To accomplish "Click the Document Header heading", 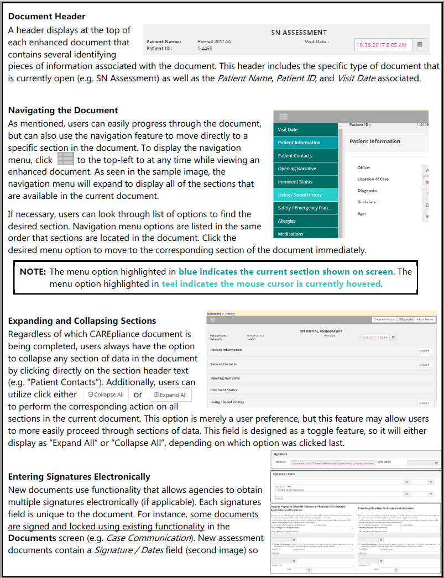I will tap(47, 17).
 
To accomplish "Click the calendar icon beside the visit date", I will tap(420, 45).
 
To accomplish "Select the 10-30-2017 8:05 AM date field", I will tap(382, 45).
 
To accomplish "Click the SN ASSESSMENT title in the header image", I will tap(299, 32).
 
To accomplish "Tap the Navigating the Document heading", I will tap(63, 110).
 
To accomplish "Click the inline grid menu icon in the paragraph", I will tap(65, 160).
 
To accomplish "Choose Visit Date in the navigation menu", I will tap(288, 129).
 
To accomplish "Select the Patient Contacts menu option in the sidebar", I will tap(295, 156).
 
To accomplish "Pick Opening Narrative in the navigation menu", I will tap(297, 169).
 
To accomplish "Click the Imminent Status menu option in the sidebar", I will tap(295, 182).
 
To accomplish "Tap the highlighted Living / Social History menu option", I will tap(300, 195).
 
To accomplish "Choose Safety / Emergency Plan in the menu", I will tap(304, 208).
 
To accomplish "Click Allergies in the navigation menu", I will tap(286, 221).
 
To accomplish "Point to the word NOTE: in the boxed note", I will tap(33, 272).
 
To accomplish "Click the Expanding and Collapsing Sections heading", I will tap(82, 320).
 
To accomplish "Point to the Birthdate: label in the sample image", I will tap(368, 202).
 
